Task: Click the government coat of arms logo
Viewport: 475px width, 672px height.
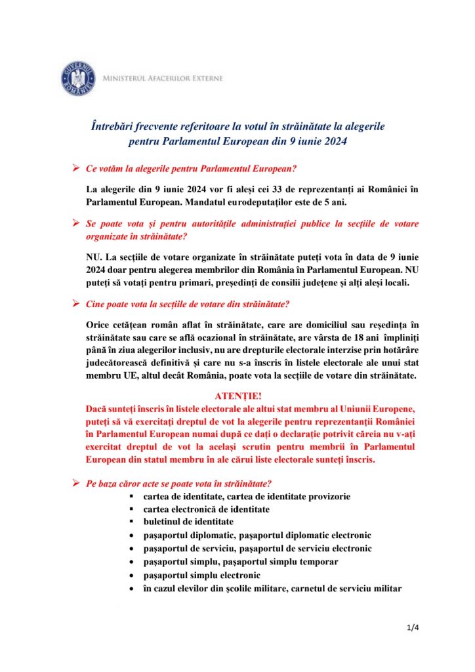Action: [x=78, y=79]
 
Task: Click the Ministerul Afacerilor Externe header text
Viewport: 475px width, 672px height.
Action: [x=162, y=79]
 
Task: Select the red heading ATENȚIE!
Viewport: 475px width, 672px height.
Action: [x=238, y=396]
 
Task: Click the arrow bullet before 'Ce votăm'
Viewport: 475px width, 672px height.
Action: [x=76, y=169]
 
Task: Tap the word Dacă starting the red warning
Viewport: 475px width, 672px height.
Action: [x=98, y=408]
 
